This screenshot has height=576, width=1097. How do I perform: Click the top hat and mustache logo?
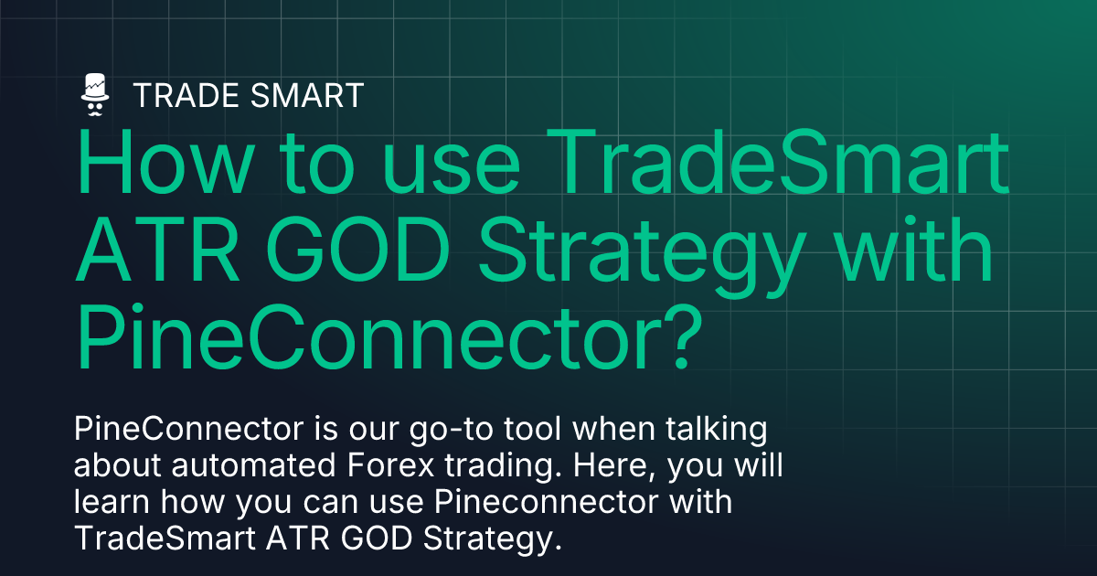pyautogui.click(x=95, y=94)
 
